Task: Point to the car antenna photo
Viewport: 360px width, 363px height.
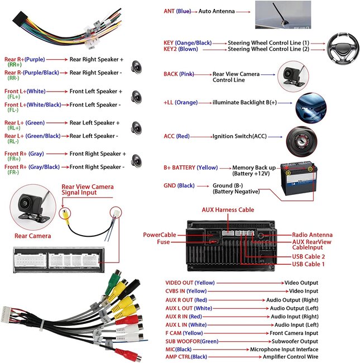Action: [x=291, y=15]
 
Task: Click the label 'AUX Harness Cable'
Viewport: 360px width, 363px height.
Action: [x=228, y=210]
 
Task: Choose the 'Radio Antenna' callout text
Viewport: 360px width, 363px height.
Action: [x=312, y=235]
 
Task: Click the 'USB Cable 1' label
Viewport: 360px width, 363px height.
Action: [x=308, y=264]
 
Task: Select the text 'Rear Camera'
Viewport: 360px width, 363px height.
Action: [x=32, y=236]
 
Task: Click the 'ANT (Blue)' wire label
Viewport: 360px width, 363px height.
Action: [x=177, y=11]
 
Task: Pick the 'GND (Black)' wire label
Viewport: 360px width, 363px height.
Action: [x=179, y=185]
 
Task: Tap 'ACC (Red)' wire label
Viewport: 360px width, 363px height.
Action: [x=176, y=136]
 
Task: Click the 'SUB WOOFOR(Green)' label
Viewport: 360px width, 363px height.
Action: [x=192, y=341]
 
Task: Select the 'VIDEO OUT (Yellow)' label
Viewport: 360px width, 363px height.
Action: [x=190, y=283]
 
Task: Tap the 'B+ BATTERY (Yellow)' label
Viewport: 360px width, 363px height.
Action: [x=190, y=168]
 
